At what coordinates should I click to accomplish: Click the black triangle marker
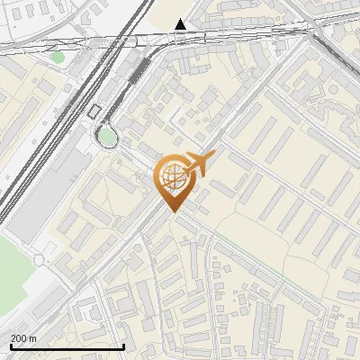pyautogui.click(x=181, y=24)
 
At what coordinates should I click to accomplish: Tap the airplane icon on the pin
pyautogui.click(x=198, y=165)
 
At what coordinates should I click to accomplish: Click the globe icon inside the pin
pyautogui.click(x=172, y=178)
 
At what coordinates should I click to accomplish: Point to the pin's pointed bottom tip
pyautogui.click(x=173, y=212)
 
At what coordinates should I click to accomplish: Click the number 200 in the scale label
pyautogui.click(x=19, y=338)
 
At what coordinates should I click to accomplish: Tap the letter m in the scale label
pyautogui.click(x=32, y=338)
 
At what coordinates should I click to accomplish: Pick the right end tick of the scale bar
pyautogui.click(x=123, y=346)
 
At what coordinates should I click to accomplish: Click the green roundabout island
pyautogui.click(x=108, y=137)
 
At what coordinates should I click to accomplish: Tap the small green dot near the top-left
pyautogui.click(x=58, y=58)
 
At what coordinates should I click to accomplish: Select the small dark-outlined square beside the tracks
pyautogui.click(x=94, y=112)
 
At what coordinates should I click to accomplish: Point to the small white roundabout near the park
pyautogui.click(x=39, y=260)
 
